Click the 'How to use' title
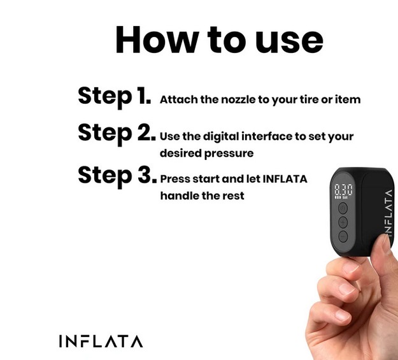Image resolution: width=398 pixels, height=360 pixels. click(219, 40)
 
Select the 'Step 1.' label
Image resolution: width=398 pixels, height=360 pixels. click(114, 96)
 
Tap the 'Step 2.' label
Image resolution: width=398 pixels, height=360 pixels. click(117, 133)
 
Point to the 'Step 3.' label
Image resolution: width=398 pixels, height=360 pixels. click(117, 176)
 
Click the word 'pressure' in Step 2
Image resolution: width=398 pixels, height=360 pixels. click(229, 154)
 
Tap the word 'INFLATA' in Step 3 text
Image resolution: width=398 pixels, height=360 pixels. click(285, 179)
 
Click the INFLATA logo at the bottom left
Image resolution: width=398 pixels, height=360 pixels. click(101, 341)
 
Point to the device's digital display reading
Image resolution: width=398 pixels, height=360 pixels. click(343, 190)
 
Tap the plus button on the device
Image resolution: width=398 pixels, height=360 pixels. click(343, 222)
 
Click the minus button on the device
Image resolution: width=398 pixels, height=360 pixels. click(343, 236)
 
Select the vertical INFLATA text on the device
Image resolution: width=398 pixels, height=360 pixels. click(388, 213)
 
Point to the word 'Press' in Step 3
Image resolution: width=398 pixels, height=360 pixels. click(175, 179)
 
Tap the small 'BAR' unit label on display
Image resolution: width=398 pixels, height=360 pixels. click(345, 198)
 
